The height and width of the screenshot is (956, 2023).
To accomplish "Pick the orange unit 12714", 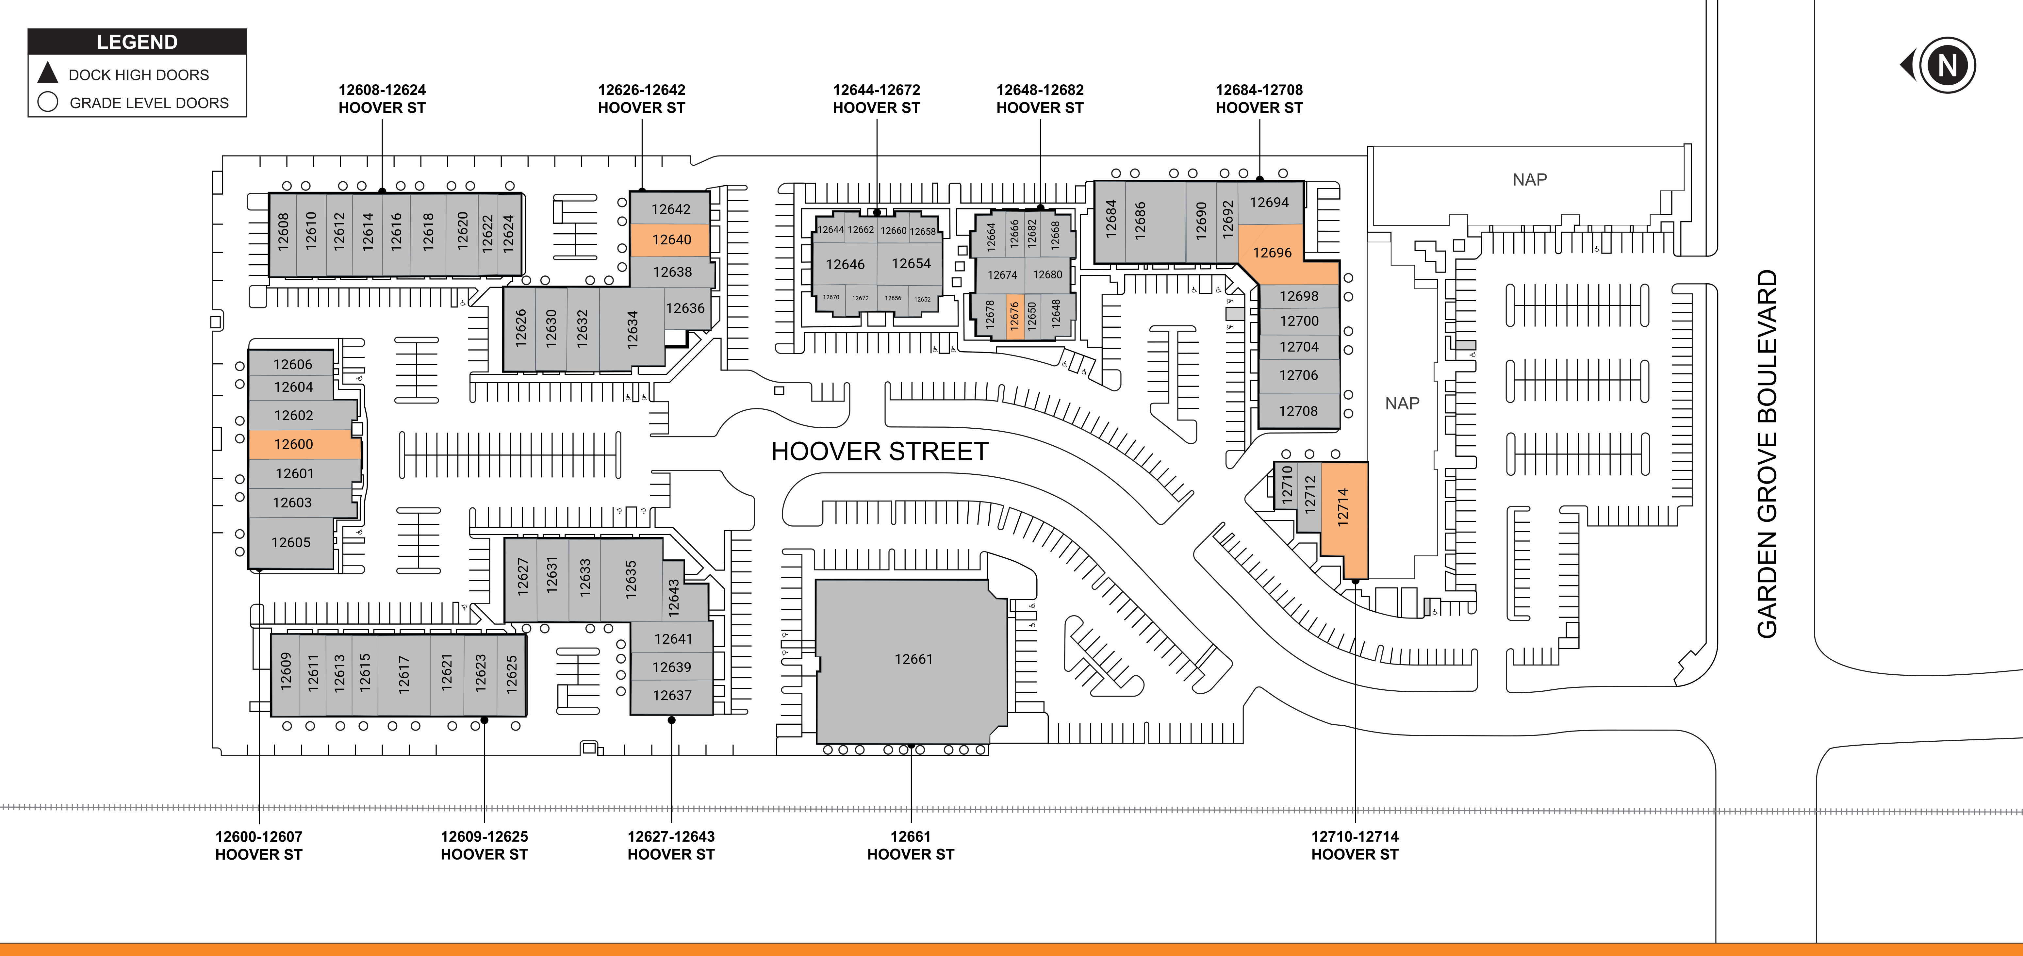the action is [x=1344, y=519].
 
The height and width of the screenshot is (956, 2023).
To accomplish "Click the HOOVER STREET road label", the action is [x=880, y=452].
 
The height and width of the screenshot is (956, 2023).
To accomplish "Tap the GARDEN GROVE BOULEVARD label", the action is [x=1767, y=454].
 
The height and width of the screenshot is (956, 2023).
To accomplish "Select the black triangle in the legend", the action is [x=48, y=72].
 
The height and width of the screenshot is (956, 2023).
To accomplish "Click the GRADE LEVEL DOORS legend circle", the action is [x=48, y=102].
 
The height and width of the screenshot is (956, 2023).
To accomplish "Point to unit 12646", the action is [x=845, y=265].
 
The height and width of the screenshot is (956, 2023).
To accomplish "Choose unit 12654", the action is [x=911, y=264].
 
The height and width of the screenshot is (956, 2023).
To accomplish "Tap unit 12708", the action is [x=1298, y=411].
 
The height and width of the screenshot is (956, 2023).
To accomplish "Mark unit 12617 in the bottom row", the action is [x=404, y=674].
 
